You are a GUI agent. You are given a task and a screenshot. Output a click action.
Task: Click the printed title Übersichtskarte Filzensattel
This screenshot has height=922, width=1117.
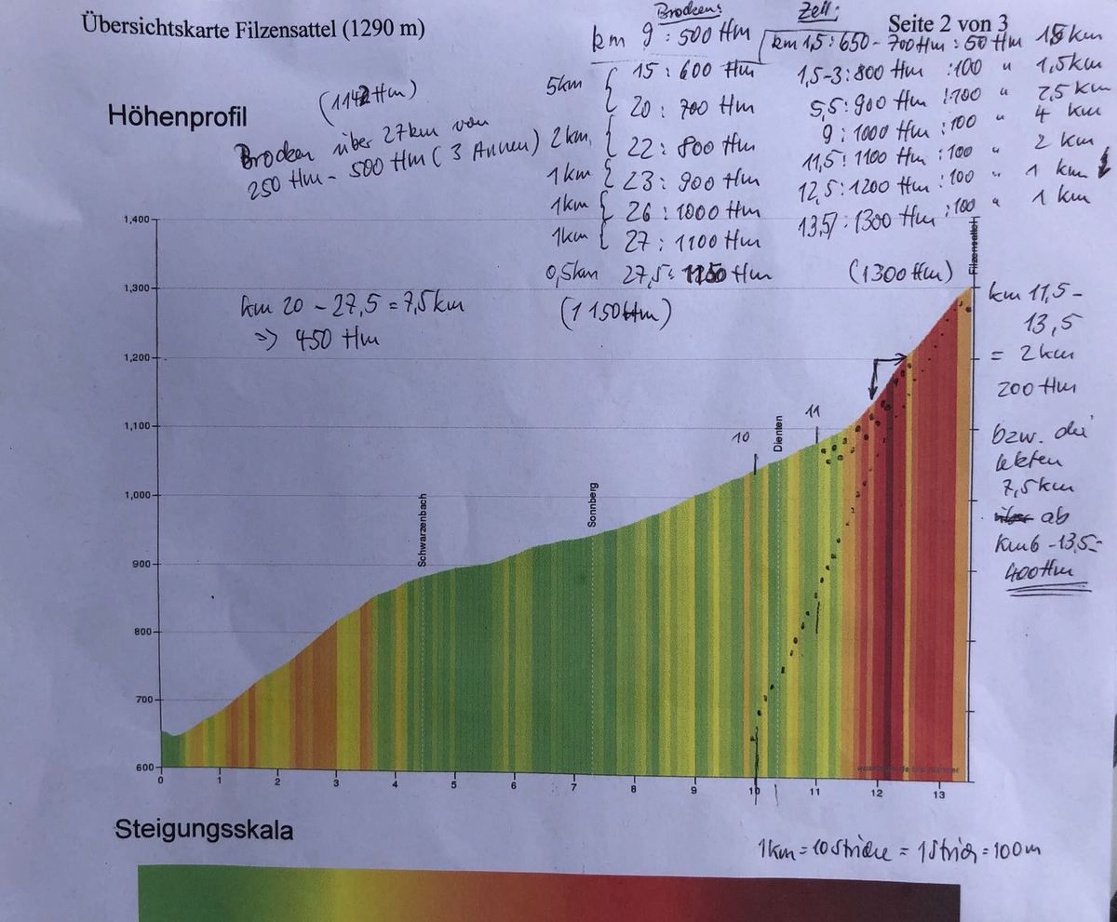coord(253,27)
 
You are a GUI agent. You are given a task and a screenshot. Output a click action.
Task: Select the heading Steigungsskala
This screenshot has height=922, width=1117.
coord(203,829)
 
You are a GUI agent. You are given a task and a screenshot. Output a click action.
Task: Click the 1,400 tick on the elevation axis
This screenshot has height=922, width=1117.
coord(135,220)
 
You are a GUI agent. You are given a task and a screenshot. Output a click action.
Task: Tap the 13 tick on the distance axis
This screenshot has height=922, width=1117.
coord(937,793)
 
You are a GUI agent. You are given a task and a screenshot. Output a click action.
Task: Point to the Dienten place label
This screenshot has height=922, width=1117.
coord(778,434)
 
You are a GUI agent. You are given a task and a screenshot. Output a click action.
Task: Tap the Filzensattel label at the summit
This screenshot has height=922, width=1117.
coord(973,247)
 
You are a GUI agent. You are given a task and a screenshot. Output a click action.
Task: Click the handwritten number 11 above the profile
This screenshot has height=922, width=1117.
coord(814,410)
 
